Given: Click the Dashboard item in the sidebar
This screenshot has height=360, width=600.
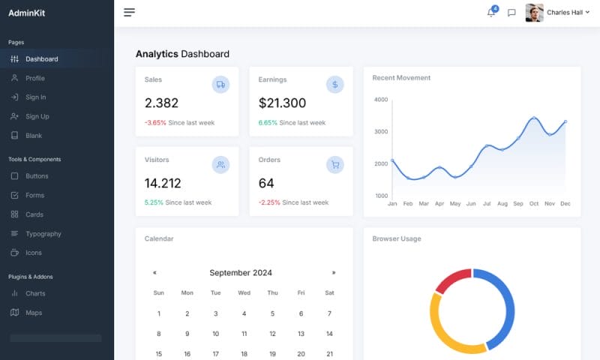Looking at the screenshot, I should [x=41, y=59].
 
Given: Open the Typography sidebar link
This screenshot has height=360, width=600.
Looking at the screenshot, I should [x=43, y=234].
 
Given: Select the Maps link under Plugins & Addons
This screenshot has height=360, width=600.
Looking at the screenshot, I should [x=34, y=313].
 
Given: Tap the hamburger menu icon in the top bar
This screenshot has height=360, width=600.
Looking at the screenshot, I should [x=130, y=13].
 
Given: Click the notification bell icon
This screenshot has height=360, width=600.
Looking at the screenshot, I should [x=491, y=13].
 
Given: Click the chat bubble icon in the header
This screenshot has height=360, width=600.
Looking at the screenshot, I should [x=511, y=13].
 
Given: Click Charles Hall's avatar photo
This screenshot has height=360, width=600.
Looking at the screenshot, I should [x=534, y=13].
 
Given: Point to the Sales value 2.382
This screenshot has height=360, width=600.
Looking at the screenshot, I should [x=161, y=103].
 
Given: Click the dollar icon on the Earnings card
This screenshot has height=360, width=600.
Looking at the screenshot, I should [x=334, y=85].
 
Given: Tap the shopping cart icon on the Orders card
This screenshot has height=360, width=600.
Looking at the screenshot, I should [x=334, y=165].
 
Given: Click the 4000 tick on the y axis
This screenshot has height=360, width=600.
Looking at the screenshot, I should [x=380, y=100].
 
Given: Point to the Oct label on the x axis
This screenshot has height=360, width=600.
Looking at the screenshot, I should [x=534, y=203].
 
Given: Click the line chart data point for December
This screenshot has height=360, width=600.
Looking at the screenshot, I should [x=565, y=121].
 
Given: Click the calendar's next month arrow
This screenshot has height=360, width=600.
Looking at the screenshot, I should [x=334, y=273].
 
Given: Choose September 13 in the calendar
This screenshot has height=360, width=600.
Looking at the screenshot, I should [x=301, y=334].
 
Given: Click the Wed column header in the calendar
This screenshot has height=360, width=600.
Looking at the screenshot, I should [x=244, y=292].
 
